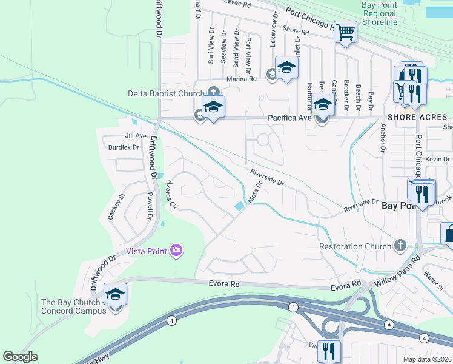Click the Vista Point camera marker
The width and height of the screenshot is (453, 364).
(x=176, y=250)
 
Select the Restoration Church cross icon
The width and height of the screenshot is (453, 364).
(x=399, y=246)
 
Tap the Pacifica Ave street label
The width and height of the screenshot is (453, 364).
(x=289, y=118)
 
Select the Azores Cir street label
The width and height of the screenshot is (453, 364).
(x=171, y=195)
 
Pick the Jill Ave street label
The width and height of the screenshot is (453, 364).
(x=136, y=136)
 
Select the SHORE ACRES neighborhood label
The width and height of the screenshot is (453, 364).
(x=417, y=116)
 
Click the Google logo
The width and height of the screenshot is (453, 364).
(x=20, y=357)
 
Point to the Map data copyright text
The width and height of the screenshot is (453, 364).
(x=428, y=359)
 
